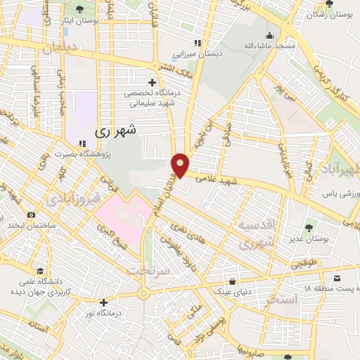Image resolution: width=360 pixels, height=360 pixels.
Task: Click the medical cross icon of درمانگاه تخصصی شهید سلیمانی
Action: coord(151,83)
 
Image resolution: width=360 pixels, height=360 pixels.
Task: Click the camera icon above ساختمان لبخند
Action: coord(31,214)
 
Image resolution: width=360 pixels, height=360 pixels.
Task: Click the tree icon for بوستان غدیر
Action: coord(309,226)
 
